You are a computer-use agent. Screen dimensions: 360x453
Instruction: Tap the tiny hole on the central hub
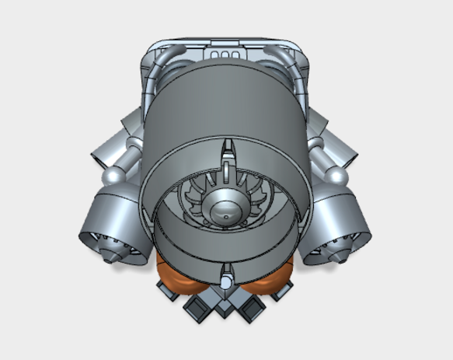[225, 210]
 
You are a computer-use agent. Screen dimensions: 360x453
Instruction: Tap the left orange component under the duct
[177, 276]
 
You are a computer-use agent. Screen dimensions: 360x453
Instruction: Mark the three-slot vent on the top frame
[225, 53]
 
